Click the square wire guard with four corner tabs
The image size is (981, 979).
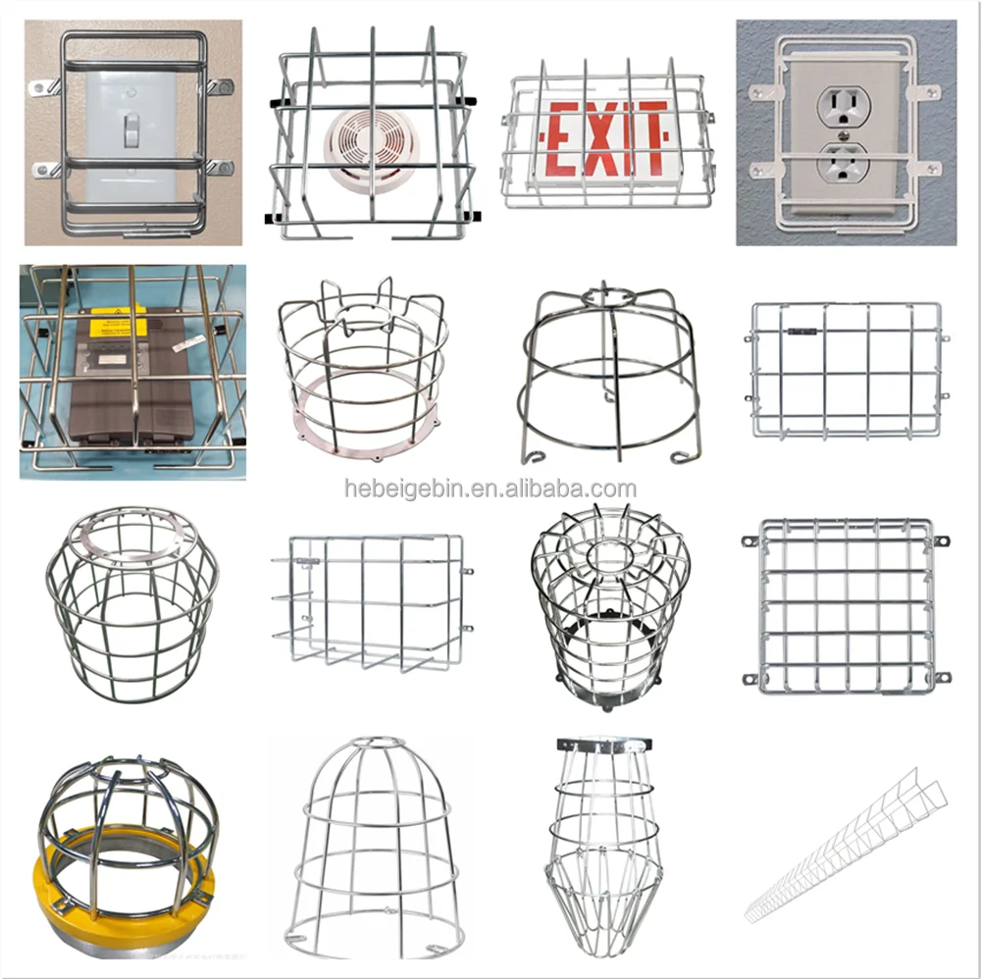click(x=847, y=605)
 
